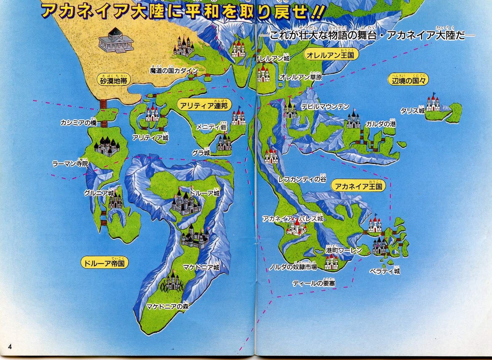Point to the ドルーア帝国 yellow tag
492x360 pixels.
click(105, 263)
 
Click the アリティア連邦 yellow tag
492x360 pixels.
click(204, 105)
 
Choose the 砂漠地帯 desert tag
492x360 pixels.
click(113, 81)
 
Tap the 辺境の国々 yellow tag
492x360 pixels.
click(408, 81)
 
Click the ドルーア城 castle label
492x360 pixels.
click(204, 193)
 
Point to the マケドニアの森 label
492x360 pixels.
click(167, 306)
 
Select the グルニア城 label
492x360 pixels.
click(99, 193)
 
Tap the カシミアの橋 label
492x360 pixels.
click(78, 123)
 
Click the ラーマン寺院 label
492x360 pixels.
click(70, 164)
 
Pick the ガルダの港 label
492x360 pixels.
click(380, 124)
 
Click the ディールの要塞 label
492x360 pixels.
click(314, 283)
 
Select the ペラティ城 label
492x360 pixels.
click(385, 271)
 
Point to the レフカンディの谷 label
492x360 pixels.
click(302, 179)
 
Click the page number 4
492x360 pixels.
click(10, 347)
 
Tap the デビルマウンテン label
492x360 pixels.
click(325, 107)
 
